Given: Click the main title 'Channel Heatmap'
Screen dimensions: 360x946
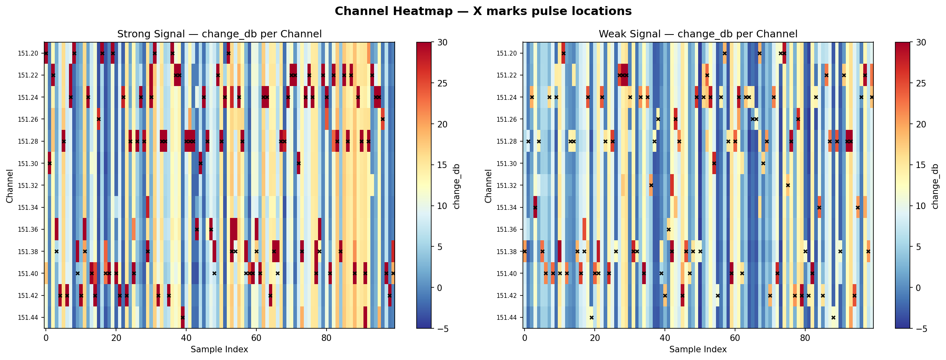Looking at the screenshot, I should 483,11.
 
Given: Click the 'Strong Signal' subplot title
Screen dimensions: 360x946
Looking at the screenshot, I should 219,34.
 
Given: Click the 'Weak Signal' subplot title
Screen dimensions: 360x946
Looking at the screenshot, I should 698,34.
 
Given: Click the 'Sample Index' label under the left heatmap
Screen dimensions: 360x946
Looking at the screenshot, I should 219,349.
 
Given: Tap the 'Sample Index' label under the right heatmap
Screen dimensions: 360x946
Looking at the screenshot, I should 698,349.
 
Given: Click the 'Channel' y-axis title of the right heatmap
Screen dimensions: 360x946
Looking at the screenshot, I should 488,185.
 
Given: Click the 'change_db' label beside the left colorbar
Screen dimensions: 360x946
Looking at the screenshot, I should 457,185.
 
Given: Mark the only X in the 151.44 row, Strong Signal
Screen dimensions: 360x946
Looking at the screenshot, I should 183,317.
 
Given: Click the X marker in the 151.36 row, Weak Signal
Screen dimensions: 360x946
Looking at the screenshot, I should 669,229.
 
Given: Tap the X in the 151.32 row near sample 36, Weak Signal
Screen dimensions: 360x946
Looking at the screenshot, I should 651,185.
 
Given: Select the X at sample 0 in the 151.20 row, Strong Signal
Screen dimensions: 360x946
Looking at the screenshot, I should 46,53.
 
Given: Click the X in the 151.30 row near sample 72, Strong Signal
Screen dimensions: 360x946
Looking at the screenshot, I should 299,163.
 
